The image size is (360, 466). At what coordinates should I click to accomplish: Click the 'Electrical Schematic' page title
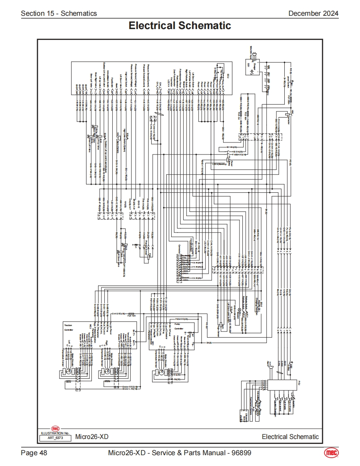pos(180,26)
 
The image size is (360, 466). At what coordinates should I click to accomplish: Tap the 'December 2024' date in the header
pos(313,13)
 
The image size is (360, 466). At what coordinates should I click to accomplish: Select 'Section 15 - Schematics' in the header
pos(59,13)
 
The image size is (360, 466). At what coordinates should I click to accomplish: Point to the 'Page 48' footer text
pos(34,452)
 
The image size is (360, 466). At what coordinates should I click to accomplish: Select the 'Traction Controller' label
pos(69,326)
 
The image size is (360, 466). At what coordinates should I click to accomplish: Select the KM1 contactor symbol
pos(288,114)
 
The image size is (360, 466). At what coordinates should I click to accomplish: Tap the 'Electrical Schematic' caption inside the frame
pos(290,437)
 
